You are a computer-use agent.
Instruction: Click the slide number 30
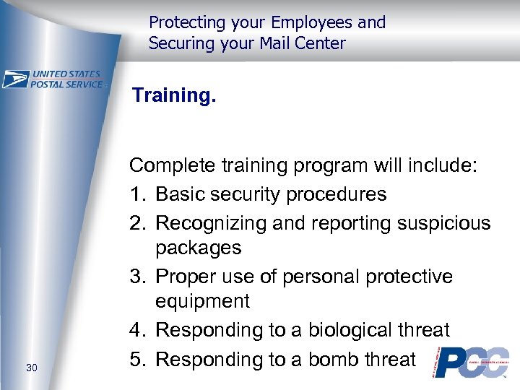click(32, 368)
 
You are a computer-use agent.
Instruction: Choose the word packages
click(199, 248)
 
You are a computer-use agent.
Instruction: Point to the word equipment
click(203, 301)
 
